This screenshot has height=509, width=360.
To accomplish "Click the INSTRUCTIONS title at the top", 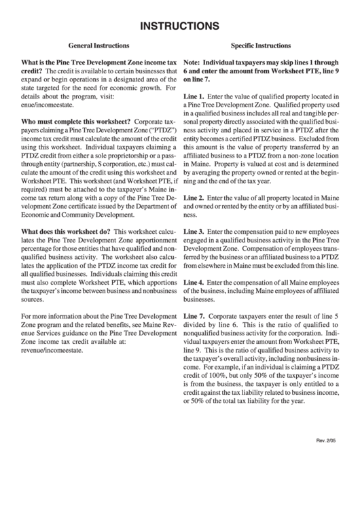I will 179,26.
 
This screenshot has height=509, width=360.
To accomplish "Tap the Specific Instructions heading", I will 262,46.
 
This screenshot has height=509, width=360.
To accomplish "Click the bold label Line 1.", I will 194,97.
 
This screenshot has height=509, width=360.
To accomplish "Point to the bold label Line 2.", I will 194,178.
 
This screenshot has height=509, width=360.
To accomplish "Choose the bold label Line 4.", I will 194,282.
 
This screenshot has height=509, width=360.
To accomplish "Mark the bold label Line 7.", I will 194,317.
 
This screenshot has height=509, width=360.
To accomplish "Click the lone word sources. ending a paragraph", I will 33,298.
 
